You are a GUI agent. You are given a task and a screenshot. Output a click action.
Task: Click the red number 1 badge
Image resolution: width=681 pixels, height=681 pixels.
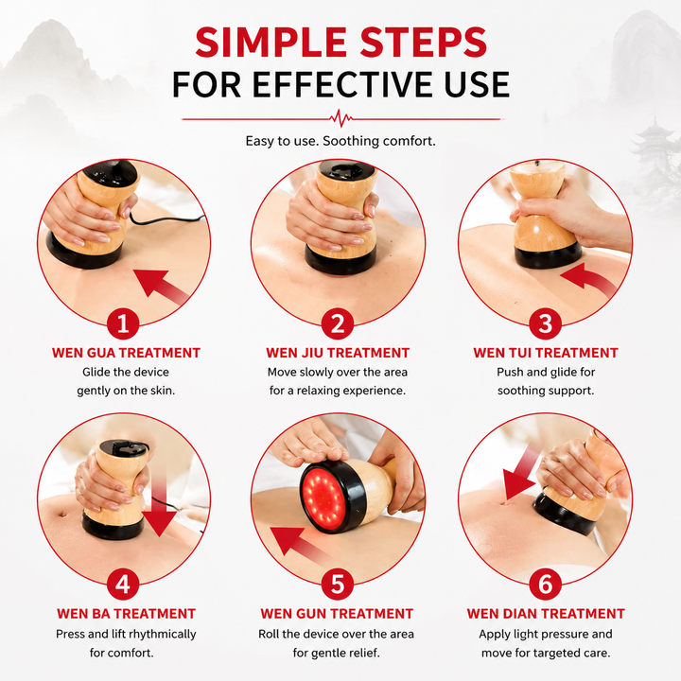coord(123,323)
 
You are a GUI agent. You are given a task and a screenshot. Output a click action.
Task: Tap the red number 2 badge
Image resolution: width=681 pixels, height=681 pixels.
coord(338,323)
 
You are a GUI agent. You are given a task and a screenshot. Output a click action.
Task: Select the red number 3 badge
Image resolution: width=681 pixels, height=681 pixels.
coord(546,323)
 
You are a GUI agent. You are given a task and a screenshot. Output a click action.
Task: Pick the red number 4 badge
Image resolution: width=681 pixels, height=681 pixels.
coord(123,585)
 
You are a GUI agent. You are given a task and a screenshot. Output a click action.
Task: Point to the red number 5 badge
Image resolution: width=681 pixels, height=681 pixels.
coord(338,585)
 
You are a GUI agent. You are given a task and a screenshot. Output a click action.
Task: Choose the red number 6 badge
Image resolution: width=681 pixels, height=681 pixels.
coord(546,585)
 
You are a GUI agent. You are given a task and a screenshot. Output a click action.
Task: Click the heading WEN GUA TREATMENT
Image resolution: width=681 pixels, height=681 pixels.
coord(126,353)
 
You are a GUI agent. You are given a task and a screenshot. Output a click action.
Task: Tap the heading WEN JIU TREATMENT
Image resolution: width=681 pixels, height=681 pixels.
coord(338,353)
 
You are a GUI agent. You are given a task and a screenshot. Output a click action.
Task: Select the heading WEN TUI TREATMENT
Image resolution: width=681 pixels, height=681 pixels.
coord(546,353)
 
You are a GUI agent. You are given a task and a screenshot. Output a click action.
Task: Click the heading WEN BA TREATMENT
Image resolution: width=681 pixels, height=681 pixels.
coord(126,614)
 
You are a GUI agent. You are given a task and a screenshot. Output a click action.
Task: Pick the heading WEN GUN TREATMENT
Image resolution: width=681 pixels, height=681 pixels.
coord(337,614)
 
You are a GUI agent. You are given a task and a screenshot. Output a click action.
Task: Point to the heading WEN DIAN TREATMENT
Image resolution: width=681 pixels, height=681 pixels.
coord(546,614)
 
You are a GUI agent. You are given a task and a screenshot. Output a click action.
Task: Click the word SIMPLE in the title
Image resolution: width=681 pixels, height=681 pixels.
coord(271,43)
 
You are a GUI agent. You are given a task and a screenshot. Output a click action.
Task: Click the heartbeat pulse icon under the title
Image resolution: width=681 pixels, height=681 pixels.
coord(340,118)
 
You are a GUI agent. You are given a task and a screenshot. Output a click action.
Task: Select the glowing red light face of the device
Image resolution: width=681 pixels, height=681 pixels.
coord(323,496)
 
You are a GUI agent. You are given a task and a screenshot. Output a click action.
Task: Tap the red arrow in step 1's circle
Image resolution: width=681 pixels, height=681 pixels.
coord(160,287)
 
